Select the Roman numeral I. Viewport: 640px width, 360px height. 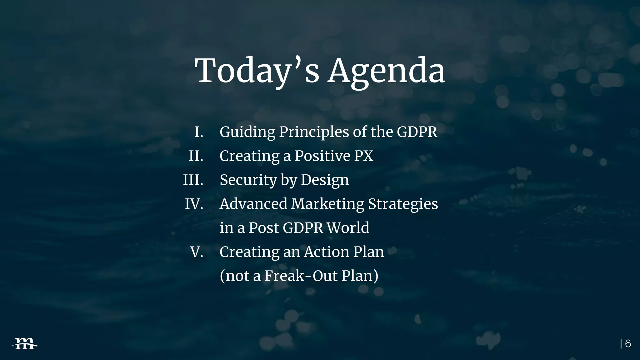[x=199, y=132]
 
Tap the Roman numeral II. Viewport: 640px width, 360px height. [x=196, y=156]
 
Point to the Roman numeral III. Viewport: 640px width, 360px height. [x=193, y=180]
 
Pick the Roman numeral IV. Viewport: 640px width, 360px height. [x=194, y=204]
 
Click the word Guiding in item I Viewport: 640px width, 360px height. [x=247, y=132]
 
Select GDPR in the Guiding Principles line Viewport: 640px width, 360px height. [x=417, y=132]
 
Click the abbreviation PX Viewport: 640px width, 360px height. [x=363, y=156]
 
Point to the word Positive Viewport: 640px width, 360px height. [x=322, y=156]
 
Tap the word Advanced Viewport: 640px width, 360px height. [x=253, y=204]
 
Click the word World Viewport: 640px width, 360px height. [x=347, y=228]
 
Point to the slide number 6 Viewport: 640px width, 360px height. [x=628, y=344]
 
